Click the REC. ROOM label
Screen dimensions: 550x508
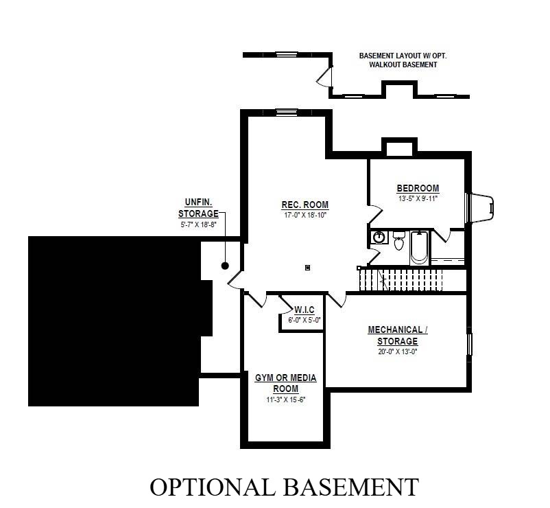point(304,205)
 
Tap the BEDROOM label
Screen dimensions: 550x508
point(418,189)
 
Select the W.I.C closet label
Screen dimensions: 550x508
point(304,310)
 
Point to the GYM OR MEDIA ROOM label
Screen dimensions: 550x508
point(285,383)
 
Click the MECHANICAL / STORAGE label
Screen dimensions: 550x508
point(398,335)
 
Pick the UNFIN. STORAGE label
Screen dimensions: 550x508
point(198,208)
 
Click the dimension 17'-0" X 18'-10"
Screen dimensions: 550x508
point(305,215)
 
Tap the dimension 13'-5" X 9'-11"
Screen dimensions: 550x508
point(418,198)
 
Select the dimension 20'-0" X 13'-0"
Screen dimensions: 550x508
point(398,351)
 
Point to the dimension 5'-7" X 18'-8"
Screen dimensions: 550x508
point(198,224)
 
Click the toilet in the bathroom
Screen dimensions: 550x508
point(398,240)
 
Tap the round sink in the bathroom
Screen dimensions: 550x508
point(379,237)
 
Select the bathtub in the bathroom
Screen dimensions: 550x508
point(419,248)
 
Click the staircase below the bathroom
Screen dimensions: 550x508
point(402,280)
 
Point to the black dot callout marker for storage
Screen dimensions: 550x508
point(225,266)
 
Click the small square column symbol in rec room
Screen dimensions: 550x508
point(308,268)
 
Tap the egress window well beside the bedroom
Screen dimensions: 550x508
point(480,207)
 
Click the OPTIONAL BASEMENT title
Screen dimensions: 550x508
point(285,487)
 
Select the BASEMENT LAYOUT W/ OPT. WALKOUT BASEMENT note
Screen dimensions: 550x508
point(403,60)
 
